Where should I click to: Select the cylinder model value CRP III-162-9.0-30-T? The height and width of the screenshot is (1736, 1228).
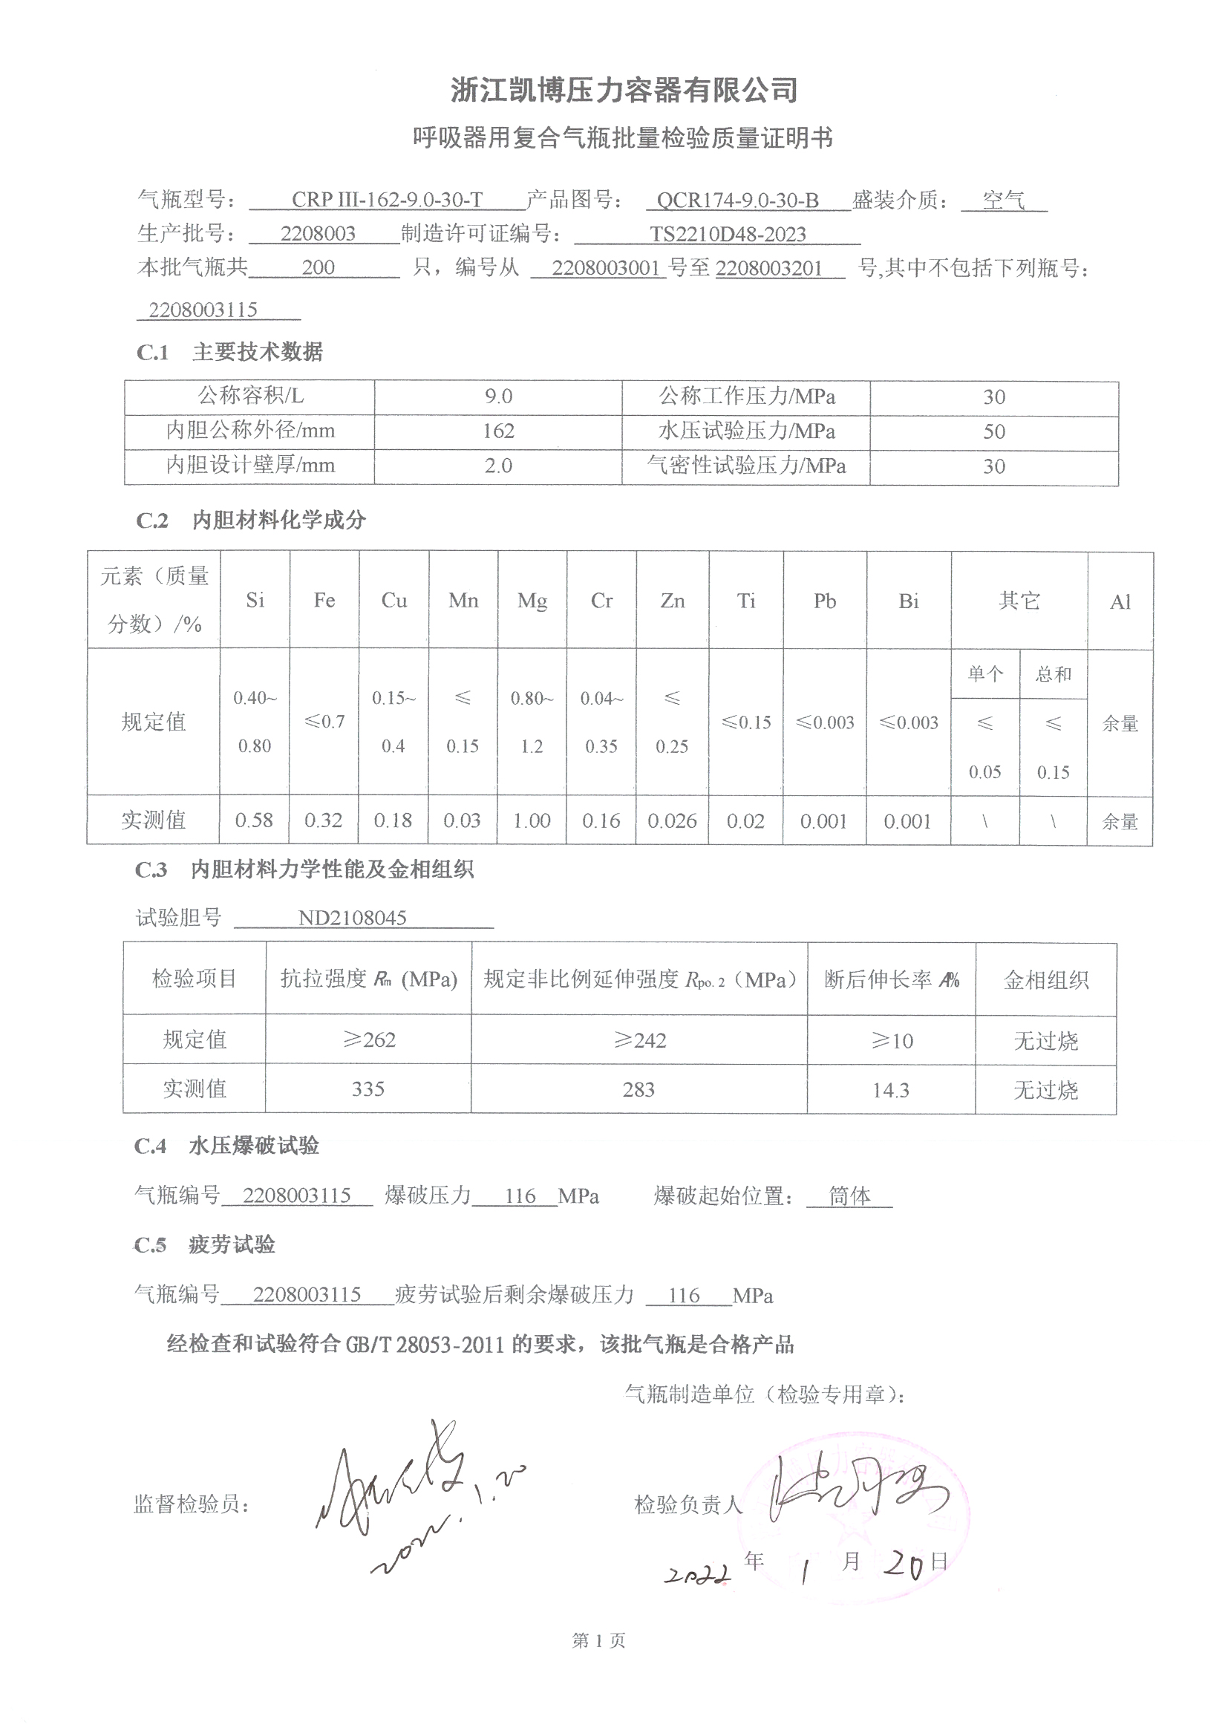[x=386, y=200]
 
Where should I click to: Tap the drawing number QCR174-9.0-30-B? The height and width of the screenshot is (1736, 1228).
[x=737, y=200]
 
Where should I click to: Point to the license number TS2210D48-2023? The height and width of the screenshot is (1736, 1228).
[x=728, y=235]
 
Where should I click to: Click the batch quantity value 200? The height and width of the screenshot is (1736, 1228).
[x=318, y=267]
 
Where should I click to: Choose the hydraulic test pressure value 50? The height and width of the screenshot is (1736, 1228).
[x=993, y=431]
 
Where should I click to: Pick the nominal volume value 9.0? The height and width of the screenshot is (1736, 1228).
[x=498, y=397]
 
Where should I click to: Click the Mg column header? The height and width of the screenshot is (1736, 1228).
[x=532, y=601]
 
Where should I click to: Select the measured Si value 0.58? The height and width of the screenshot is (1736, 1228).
[x=254, y=820]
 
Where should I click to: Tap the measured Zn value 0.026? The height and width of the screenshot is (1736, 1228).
[x=672, y=821]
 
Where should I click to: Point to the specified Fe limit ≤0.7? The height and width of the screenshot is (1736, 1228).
[x=324, y=722]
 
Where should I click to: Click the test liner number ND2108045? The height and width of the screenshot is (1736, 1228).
[x=353, y=918]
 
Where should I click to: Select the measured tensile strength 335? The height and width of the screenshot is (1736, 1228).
[x=368, y=1089]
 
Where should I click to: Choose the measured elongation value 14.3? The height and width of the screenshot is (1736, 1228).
[x=891, y=1090]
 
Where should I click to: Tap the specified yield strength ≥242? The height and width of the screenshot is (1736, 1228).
[x=640, y=1040]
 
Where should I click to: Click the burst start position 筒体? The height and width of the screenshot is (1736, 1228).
[x=849, y=1195]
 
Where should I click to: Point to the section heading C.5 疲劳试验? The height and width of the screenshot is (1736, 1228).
[x=205, y=1244]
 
